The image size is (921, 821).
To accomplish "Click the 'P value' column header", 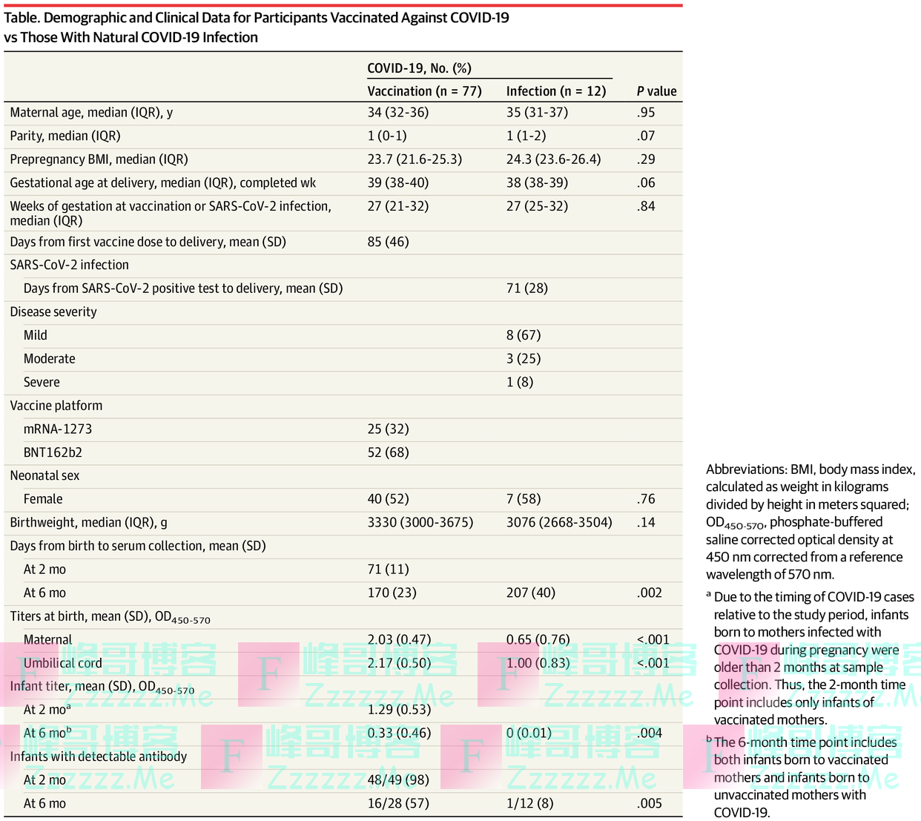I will [656, 91].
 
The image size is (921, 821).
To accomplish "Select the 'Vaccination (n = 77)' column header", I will [424, 91].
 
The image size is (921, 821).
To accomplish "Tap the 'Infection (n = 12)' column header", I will [555, 91].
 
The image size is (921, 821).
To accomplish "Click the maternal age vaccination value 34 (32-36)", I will [397, 113].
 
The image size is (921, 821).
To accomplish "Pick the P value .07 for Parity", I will [645, 136].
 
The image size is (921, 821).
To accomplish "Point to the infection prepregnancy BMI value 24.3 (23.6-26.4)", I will [553, 159].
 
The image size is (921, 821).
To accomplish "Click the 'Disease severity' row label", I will [53, 312].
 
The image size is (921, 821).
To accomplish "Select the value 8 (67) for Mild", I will [524, 335].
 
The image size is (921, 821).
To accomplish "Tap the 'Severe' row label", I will [42, 383].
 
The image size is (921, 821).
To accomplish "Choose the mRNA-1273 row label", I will [58, 429].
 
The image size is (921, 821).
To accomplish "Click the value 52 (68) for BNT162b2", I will [388, 452].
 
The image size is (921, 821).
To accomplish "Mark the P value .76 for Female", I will [645, 499].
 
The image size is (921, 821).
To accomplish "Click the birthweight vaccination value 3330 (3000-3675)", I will [420, 523].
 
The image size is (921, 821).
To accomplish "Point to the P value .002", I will [649, 593].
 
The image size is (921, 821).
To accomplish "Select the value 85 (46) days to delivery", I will [388, 242].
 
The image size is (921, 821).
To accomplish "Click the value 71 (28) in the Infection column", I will [526, 288].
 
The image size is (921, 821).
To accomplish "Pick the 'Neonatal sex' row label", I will [44, 476].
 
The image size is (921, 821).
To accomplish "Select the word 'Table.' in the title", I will [22, 18].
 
